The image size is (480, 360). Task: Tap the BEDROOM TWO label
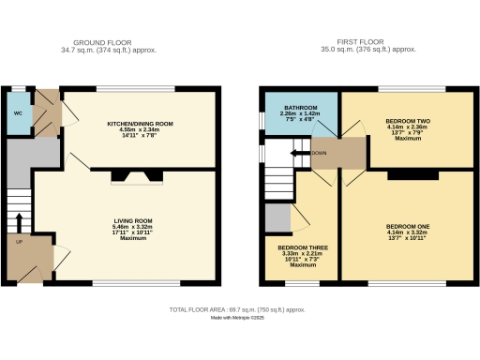406,122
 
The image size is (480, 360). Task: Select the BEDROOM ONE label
406,226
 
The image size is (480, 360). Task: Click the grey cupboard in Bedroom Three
277,217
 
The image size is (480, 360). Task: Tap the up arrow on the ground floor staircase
19,221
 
